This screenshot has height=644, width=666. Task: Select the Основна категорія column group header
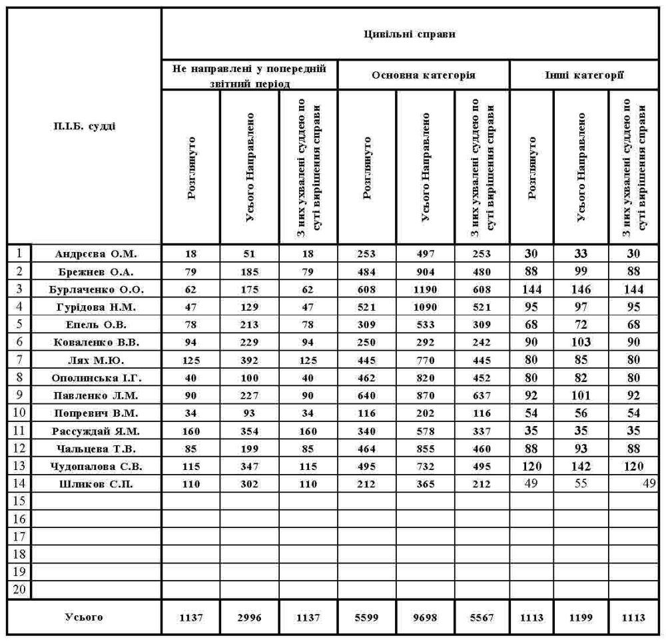coord(424,75)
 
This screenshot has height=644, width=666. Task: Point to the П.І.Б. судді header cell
coord(85,127)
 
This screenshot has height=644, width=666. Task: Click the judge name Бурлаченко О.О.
coord(97,289)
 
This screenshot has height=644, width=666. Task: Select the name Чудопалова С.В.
coord(97,467)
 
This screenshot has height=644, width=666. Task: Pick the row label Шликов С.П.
coord(97,484)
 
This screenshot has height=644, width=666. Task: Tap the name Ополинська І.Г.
coord(97,378)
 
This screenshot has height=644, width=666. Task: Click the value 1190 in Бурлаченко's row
coord(426,289)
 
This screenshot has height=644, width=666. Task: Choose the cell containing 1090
coord(426,307)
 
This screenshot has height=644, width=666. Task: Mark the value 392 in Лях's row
coord(249,360)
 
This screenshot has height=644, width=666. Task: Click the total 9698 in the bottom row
coord(426,617)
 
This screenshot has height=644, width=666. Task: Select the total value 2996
coord(249,617)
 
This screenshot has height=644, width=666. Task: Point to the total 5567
coord(482,617)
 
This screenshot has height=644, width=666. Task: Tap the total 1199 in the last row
coord(580,617)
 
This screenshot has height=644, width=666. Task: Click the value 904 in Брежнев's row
coord(426,271)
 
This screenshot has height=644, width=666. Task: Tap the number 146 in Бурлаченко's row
coord(580,289)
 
